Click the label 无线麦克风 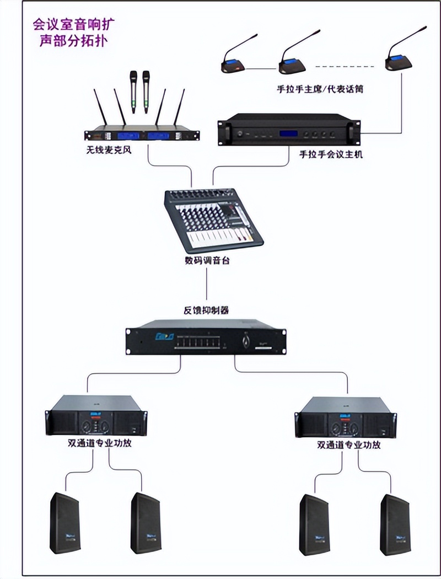click(109, 149)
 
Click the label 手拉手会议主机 click(331, 155)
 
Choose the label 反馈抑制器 click(206, 310)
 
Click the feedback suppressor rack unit click(206, 337)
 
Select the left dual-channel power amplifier click(96, 418)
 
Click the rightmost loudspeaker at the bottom click(395, 524)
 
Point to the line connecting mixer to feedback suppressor click(207, 284)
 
